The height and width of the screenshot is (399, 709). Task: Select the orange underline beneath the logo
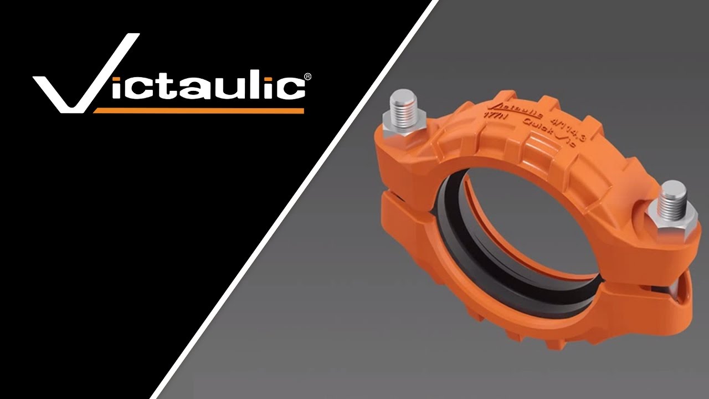coord(199,110)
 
